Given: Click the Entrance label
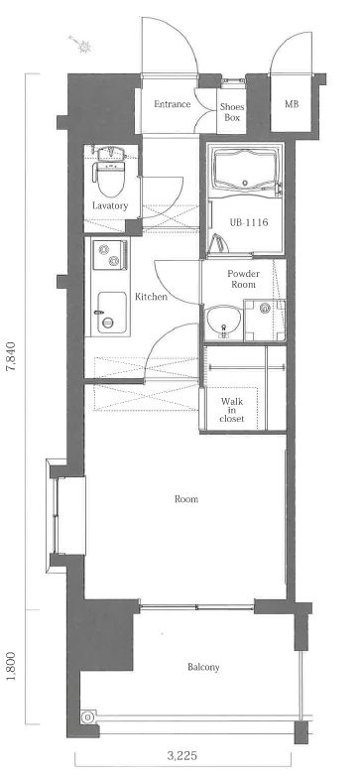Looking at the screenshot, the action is pos(172,104).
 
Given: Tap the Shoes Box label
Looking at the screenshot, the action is pos(232,112).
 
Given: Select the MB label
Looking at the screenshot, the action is pos(292,104).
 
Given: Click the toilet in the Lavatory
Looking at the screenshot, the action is pos(110,172).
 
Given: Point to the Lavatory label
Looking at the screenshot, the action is pos(110,205).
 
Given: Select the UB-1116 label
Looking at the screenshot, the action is pos(249,222).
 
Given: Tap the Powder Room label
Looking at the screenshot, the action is pos(243,279).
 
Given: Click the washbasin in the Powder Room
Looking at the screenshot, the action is pos(223,323).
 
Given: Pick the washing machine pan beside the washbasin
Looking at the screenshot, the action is pos(265,321).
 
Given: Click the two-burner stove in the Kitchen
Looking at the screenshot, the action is pos(109,255).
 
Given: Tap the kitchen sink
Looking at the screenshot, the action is pos(111,313).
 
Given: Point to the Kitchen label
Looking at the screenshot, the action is pos(151,297).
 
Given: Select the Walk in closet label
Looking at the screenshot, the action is pos(232,409).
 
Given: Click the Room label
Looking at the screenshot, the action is pos(186,499).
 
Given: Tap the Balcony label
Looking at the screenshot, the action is pos(203,667).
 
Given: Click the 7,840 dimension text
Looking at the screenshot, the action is pos(13,357).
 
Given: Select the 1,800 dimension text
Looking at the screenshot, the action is pos(12,666).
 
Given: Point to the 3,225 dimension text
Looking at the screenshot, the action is pos(182,756).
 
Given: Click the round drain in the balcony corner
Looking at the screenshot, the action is pos(88,716).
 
